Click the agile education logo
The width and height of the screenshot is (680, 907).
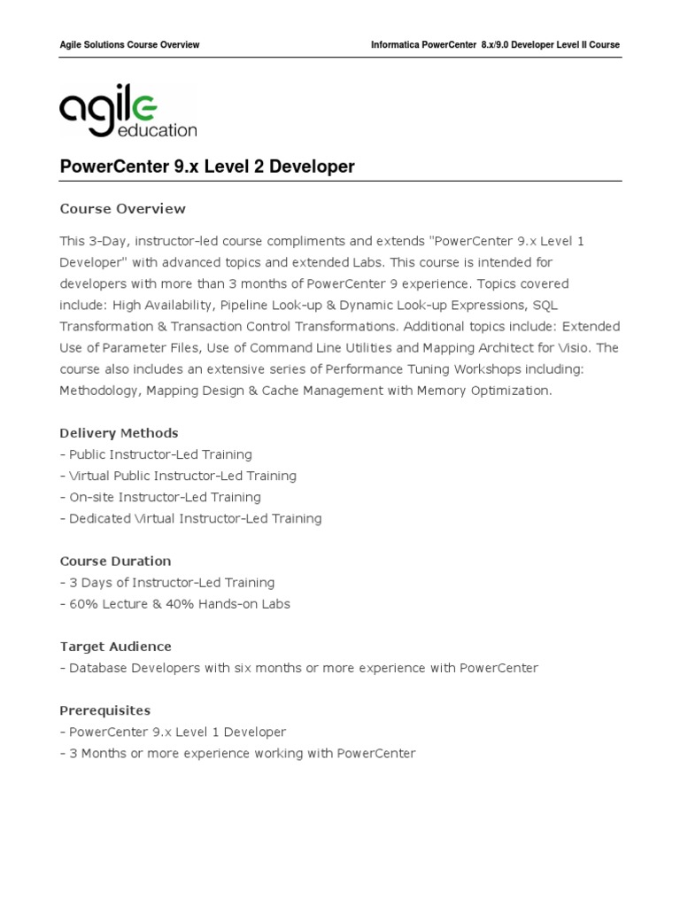point(127,112)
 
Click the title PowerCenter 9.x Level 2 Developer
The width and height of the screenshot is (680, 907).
point(206,167)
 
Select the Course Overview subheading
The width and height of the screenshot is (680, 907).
point(122,209)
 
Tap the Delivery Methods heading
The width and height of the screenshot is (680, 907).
point(119,433)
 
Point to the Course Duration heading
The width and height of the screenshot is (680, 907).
point(115,561)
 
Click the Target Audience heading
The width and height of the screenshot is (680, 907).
point(115,647)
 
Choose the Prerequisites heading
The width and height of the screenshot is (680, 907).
point(104,710)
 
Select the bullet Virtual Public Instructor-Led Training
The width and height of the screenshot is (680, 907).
point(182,476)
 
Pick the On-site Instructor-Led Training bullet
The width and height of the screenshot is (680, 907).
point(164,497)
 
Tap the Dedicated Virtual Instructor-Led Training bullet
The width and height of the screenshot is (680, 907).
point(195,518)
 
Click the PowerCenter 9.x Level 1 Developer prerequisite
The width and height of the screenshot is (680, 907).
point(177,732)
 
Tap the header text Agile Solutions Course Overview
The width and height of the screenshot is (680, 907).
point(129,45)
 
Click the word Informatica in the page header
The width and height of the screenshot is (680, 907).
point(396,45)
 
